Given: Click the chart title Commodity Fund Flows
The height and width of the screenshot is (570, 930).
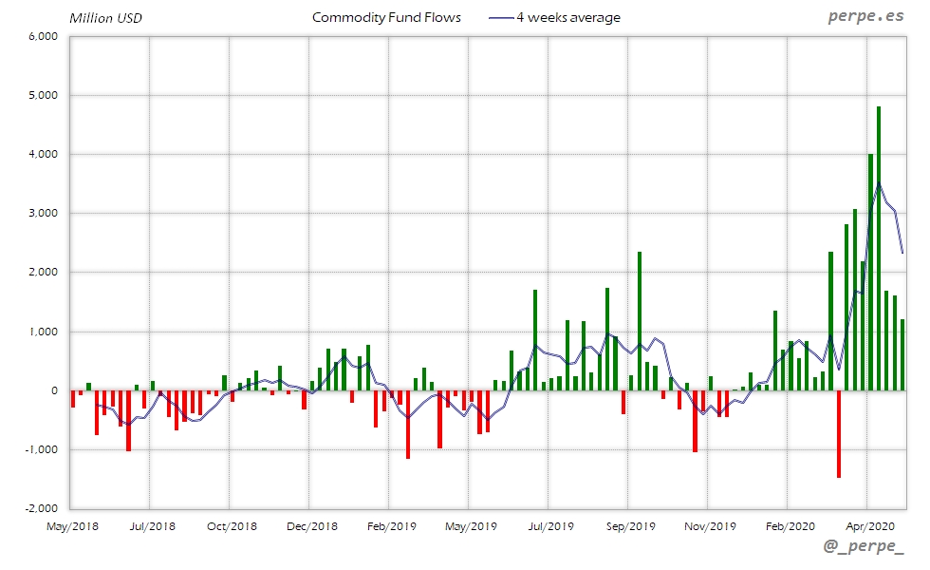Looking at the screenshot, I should (x=386, y=17).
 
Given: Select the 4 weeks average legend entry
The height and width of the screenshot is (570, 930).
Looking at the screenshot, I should (x=554, y=17).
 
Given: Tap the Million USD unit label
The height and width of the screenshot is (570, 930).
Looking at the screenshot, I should (x=105, y=18).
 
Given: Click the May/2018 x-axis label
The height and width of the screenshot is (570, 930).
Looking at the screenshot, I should (x=72, y=525).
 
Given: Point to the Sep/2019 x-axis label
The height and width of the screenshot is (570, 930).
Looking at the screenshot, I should (x=630, y=525).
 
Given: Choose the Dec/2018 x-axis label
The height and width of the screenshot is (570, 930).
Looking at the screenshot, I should (x=311, y=525).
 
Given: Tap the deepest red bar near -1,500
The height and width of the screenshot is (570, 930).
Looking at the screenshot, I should (x=839, y=433).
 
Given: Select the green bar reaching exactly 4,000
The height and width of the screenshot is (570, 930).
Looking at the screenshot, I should (x=871, y=272).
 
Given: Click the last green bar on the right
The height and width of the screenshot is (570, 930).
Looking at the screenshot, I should (x=902, y=355).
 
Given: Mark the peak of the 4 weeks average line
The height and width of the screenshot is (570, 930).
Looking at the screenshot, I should (x=879, y=182).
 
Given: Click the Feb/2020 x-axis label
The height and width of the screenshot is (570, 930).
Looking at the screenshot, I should (x=790, y=525).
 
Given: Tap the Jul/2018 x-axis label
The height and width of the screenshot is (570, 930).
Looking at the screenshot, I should (x=152, y=525).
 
